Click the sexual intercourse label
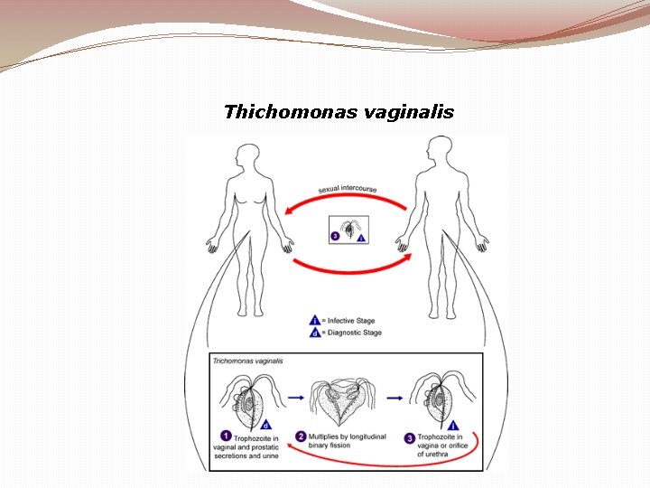pyautogui.click(x=348, y=190)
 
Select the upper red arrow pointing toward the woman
pyautogui.click(x=343, y=205)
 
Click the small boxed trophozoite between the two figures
pyautogui.click(x=348, y=230)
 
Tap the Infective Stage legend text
pyautogui.click(x=351, y=321)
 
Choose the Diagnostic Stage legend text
pyautogui.click(x=354, y=333)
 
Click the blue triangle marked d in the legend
pyautogui.click(x=315, y=333)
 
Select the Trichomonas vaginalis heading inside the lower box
pyautogui.click(x=248, y=361)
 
